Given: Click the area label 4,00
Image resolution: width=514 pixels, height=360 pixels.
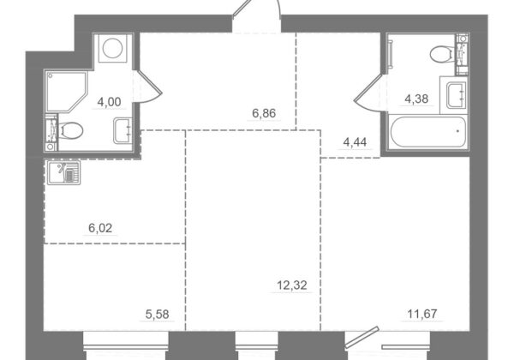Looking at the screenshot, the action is tap(109, 102).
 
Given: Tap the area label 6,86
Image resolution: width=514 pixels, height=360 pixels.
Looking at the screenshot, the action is tap(264, 113).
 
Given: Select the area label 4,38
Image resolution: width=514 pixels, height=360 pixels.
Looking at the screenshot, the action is tap(416, 99).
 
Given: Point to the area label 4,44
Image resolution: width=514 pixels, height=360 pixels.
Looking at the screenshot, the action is tap(355, 142).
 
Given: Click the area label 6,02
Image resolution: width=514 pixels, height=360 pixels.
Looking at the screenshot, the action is tap(100, 228).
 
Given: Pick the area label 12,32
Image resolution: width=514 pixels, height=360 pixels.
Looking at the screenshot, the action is tap(292, 285).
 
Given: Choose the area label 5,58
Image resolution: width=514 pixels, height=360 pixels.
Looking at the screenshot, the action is tap(158, 315).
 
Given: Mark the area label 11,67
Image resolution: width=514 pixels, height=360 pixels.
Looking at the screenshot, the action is tap(422, 314).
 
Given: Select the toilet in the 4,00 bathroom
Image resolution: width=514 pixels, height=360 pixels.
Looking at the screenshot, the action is tap(70, 131).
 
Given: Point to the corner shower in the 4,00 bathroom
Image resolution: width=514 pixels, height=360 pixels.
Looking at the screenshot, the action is tap(67, 91).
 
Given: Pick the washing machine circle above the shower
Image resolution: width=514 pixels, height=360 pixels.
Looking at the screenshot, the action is tap(113, 48).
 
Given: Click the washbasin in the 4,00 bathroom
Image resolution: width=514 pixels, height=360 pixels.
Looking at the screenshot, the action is tap(123, 131).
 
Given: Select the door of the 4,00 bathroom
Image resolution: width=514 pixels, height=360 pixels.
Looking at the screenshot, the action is tap(149, 87).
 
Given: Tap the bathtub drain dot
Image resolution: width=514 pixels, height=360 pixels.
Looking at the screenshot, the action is tap(458, 131).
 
